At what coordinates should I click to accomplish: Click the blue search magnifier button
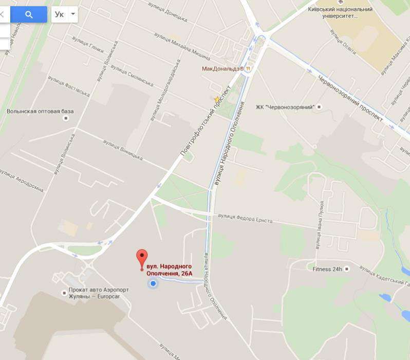[29, 14]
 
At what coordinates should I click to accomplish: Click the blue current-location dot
[153, 283]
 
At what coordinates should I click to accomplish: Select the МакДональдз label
[222, 68]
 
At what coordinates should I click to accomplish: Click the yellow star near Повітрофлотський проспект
[217, 99]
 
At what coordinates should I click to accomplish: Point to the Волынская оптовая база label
[40, 111]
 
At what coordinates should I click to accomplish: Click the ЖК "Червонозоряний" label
[285, 107]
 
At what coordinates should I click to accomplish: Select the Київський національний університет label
[340, 12]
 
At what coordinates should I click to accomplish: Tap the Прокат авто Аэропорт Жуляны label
[99, 293]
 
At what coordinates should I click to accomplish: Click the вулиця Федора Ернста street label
[245, 218]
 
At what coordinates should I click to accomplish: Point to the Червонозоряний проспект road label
[350, 97]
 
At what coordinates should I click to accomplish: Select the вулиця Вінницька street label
[122, 149]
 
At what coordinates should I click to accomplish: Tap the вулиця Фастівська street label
[69, 86]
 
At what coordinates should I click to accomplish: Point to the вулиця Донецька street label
[167, 11]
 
